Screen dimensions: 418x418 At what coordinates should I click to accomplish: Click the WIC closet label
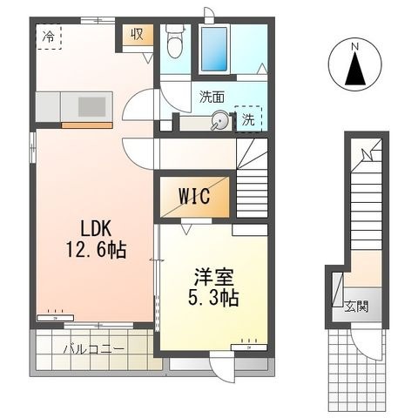pos(194,196)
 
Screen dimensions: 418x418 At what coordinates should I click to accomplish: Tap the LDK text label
pos(96,228)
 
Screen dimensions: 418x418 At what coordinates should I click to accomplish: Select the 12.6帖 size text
pos(96,250)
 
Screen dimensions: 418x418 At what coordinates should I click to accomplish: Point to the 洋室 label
pos(214,278)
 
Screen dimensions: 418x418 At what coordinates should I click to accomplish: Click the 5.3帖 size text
pos(213,298)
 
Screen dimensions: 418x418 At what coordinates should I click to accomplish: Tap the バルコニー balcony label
pos(94,348)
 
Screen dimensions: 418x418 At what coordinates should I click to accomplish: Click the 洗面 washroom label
pos(212,98)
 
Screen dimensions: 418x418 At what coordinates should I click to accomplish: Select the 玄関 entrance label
pos(356,307)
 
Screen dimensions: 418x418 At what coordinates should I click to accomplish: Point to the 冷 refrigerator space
pos(49,37)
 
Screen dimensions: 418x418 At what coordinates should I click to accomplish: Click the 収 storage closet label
pos(137,35)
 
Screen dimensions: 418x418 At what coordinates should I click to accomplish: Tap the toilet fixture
pos(175,41)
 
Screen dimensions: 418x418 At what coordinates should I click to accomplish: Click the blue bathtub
pos(214,49)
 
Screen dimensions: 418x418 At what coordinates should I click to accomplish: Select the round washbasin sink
pos(219,119)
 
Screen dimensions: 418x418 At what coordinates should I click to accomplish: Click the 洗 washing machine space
pos(248,119)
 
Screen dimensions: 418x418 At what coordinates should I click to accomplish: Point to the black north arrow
pos(355,68)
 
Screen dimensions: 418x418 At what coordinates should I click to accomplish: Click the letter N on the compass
pos(355,46)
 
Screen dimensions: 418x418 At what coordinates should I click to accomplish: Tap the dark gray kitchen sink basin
pos(91,106)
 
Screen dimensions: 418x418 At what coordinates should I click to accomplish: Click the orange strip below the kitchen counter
pos(87,125)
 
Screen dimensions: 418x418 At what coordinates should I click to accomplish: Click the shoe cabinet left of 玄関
pos(338,290)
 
